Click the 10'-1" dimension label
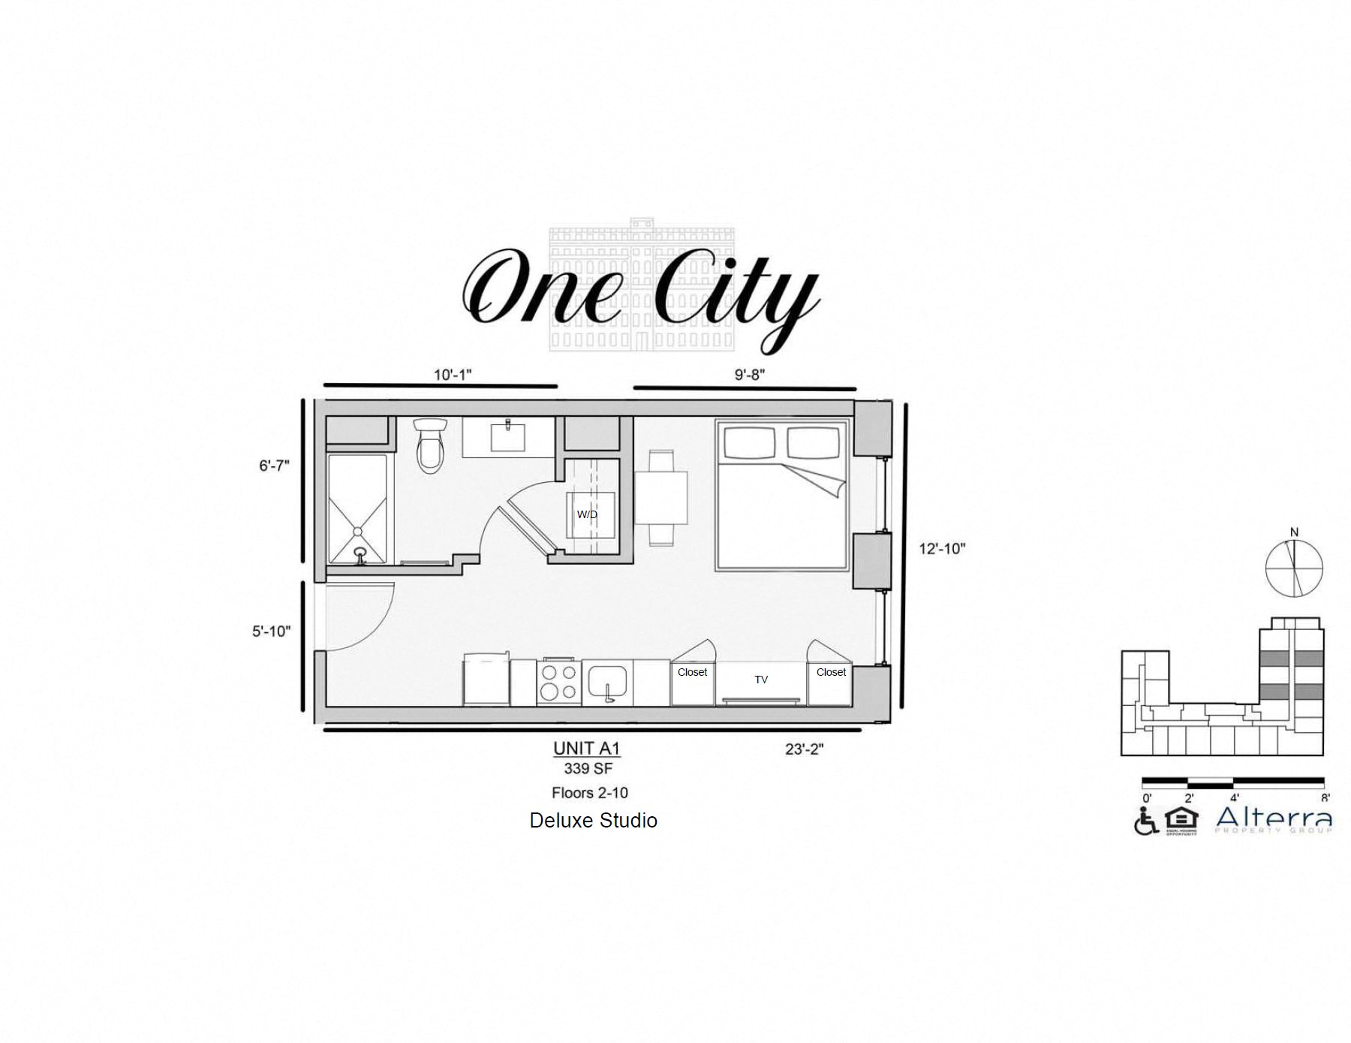pos(453,374)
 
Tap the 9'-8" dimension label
pos(750,374)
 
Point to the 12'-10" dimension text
pos(942,549)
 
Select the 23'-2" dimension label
pos(804,749)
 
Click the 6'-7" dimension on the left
pos(274,466)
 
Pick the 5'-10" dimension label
pos(271,632)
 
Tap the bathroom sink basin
pos(508,436)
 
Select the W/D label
pos(587,514)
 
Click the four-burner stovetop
pos(558,683)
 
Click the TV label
pos(761,680)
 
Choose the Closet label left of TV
pos(692,672)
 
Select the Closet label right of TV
pos(831,672)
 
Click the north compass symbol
pos(1294,567)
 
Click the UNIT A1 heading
pos(586,749)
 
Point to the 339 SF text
pos(588,769)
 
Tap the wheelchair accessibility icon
pos(1145,821)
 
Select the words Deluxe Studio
pos(593,821)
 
